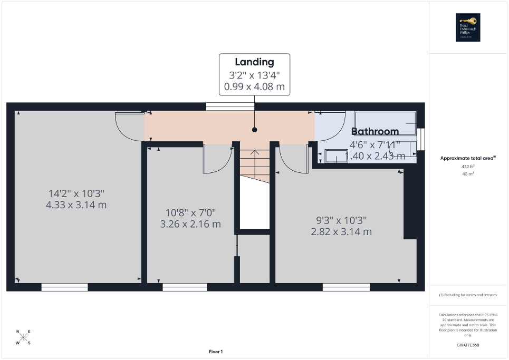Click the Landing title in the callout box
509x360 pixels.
255,62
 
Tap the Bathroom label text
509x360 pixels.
375,131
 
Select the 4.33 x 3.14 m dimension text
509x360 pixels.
76,205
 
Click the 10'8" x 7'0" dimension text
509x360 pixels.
190,212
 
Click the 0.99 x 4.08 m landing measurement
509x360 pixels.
255,86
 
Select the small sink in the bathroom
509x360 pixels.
336,156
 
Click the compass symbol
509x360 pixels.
23,337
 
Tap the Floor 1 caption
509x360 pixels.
215,352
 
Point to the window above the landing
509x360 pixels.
230,106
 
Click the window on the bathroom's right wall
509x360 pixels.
421,140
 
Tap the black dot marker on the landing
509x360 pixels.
255,129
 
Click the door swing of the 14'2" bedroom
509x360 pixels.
128,127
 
